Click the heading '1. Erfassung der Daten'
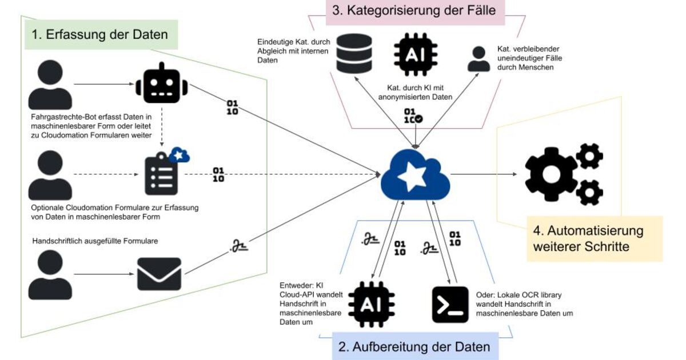101,35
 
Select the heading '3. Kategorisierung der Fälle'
415,11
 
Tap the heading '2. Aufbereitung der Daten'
415,347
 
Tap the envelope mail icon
159,274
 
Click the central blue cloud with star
414,174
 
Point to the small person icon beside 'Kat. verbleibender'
478,59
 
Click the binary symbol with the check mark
413,115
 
